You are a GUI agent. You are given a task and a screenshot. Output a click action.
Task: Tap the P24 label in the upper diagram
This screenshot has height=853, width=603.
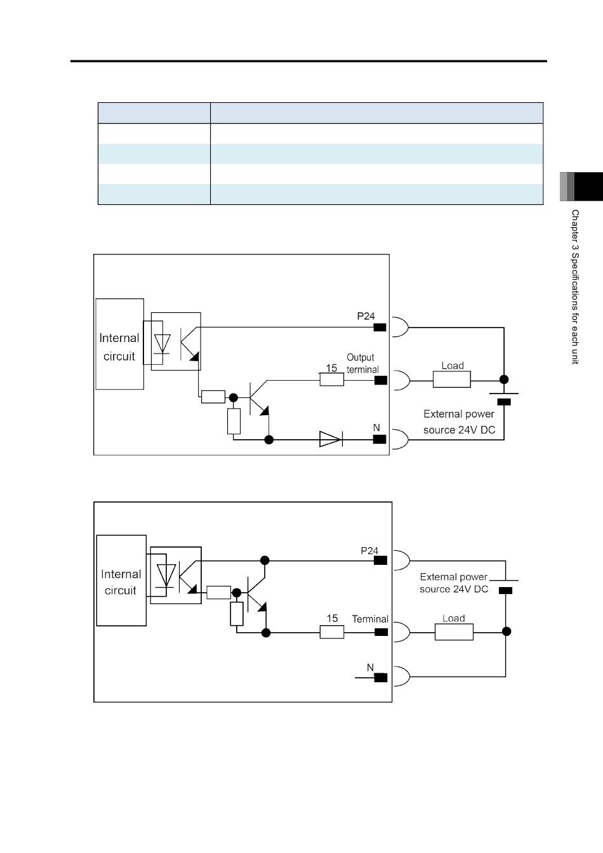366,316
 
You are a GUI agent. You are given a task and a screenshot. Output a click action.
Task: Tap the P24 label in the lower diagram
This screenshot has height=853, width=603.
369,551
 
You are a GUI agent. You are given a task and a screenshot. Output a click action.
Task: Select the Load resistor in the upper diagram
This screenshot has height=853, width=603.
452,380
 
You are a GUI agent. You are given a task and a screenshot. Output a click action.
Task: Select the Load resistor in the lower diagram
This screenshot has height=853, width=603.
454,631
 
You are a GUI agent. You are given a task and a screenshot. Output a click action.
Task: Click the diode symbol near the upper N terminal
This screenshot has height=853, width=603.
331,439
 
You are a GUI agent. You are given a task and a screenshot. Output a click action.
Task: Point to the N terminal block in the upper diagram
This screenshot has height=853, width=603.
380,439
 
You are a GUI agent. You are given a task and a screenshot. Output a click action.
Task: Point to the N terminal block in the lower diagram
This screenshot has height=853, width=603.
381,677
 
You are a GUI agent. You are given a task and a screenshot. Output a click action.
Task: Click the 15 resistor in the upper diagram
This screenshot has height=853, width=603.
332,380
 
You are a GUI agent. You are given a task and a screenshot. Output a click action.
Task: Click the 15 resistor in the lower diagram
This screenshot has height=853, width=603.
332,632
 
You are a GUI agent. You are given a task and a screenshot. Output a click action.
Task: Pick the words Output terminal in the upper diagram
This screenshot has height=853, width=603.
362,363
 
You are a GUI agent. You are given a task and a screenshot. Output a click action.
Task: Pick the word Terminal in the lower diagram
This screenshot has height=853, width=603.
370,619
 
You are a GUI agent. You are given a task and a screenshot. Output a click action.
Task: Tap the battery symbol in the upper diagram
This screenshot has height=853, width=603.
504,398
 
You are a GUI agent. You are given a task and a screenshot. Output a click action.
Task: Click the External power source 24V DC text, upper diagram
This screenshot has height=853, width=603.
459,422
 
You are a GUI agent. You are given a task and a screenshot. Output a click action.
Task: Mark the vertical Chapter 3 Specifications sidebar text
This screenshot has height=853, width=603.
575,287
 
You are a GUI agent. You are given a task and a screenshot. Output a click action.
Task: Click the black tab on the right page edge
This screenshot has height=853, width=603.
588,187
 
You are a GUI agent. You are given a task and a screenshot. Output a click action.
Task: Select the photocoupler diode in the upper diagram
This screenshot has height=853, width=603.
162,344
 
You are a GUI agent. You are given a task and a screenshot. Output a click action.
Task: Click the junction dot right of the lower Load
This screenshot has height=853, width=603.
507,631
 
